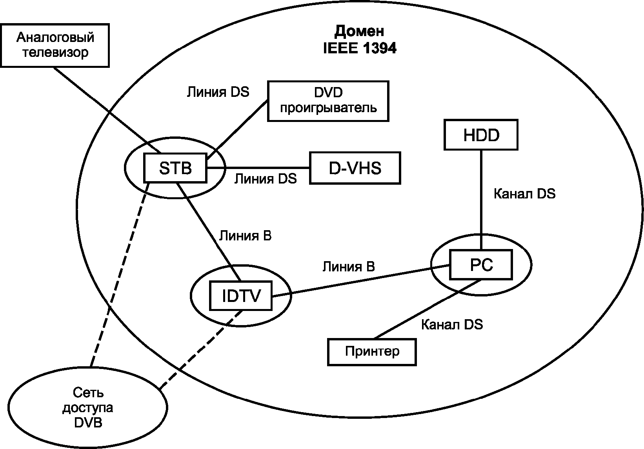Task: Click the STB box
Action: [175, 168]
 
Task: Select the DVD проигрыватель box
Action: [328, 101]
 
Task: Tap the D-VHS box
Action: [355, 168]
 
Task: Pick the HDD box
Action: [481, 135]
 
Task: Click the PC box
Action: [481, 265]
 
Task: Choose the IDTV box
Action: [241, 296]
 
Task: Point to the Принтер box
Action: [372, 352]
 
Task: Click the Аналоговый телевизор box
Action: [55, 45]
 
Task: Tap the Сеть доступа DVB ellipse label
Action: [88, 407]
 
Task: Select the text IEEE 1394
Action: [360, 48]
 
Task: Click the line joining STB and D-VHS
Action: [258, 167]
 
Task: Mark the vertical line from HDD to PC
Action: [481, 200]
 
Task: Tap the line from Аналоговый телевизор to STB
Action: [107, 110]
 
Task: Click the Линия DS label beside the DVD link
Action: [218, 92]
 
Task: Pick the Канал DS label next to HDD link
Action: [524, 194]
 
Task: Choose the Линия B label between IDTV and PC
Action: [348, 267]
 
